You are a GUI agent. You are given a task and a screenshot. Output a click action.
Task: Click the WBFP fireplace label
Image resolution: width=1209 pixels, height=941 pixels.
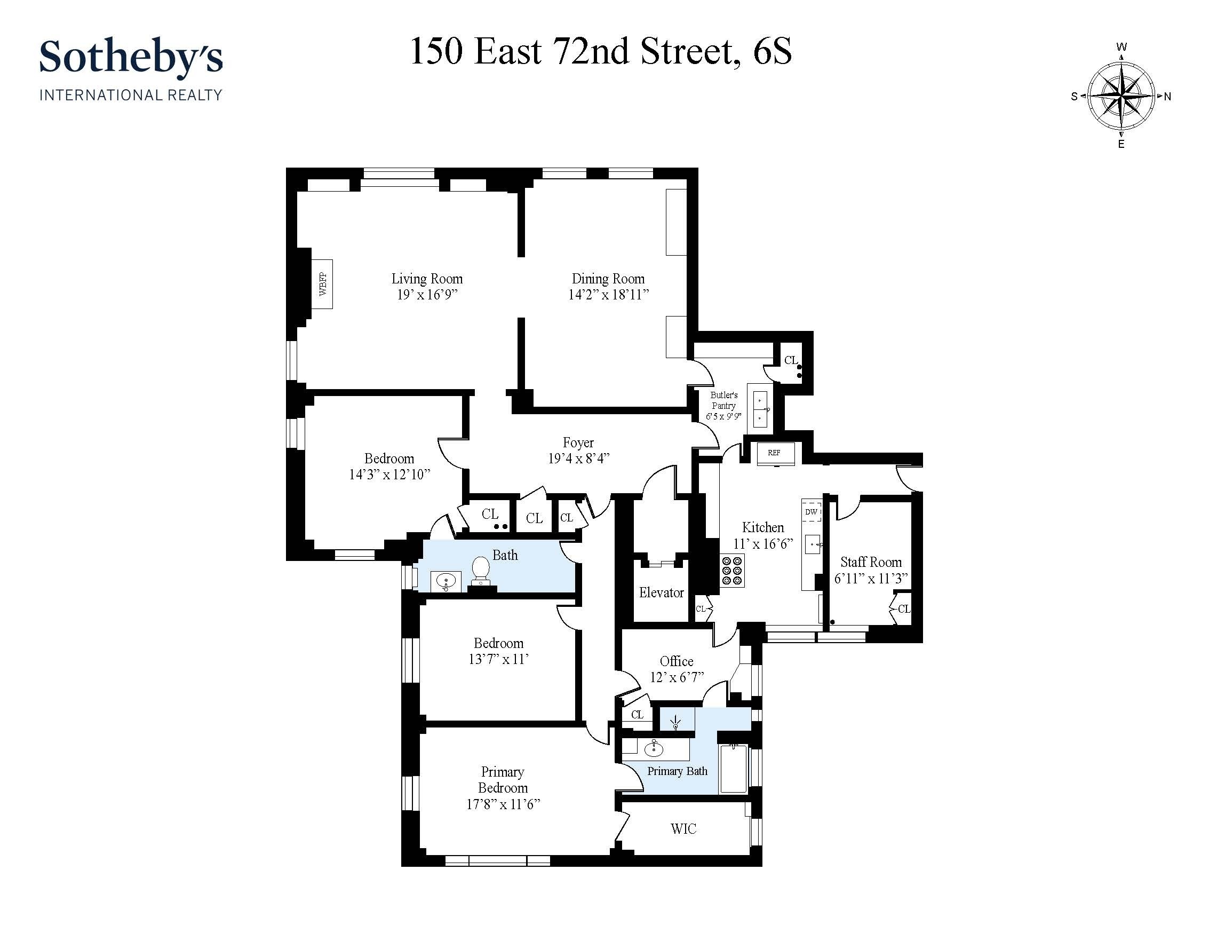(x=323, y=284)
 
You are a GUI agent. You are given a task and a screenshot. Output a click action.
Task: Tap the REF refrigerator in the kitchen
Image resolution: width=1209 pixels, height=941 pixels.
(x=775, y=453)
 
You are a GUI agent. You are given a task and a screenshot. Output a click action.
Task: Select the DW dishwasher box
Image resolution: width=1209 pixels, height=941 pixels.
(x=811, y=512)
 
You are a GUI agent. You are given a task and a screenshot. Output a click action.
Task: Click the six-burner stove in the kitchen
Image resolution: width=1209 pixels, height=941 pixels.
(x=732, y=571)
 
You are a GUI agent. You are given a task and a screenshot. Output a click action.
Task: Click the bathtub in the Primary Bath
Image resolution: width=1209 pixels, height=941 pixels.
(x=734, y=769)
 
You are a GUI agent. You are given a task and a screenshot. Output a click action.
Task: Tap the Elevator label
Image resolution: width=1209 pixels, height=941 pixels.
(x=661, y=592)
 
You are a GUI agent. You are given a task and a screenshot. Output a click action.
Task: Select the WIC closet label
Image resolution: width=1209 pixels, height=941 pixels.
(x=683, y=829)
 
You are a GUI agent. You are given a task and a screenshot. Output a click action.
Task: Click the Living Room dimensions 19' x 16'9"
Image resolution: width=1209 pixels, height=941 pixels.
(x=427, y=295)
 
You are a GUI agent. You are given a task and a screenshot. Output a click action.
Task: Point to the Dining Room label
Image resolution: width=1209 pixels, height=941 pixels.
(x=608, y=279)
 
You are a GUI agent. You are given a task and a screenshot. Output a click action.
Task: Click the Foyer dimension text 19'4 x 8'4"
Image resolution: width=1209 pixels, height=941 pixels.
(x=578, y=458)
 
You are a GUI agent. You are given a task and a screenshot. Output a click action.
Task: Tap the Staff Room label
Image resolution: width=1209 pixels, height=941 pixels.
(x=871, y=562)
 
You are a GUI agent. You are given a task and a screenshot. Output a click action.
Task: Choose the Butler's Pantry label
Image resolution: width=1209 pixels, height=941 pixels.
(x=723, y=400)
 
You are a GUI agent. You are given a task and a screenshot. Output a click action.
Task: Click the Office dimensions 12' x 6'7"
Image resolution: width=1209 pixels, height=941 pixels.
(x=677, y=677)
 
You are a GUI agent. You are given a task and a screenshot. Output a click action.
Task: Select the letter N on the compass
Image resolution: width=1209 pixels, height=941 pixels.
(x=1167, y=97)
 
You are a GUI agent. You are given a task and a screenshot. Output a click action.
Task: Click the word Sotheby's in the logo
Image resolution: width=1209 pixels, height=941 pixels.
(x=131, y=58)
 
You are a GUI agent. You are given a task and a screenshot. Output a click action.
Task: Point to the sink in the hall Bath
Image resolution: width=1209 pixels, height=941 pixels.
(x=446, y=582)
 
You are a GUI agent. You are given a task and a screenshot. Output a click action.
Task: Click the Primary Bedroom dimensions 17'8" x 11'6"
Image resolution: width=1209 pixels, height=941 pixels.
(x=503, y=804)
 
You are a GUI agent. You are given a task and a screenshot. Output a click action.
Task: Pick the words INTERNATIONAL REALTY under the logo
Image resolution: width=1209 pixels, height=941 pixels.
(x=131, y=95)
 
